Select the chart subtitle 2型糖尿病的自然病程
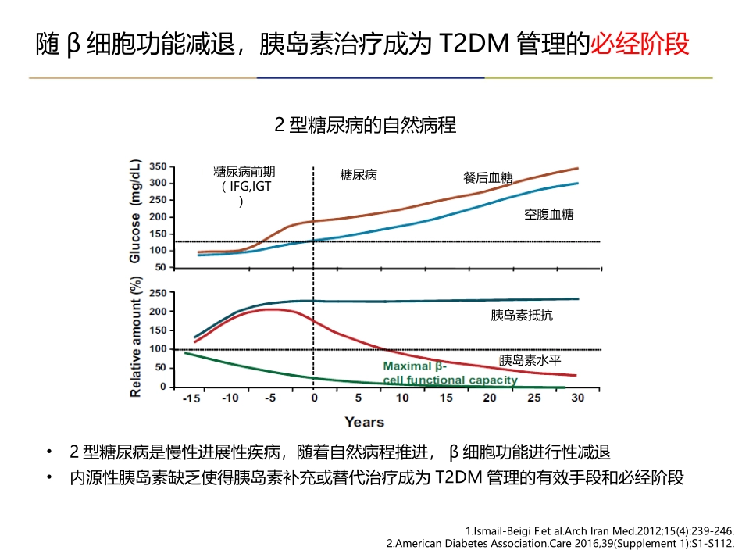365,125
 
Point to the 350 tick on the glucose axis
157,166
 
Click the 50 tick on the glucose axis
160,267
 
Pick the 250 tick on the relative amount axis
157,293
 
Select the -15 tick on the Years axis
189,398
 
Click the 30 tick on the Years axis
577,398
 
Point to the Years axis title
364,422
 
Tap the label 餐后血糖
483,177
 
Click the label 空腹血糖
548,214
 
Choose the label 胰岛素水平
530,360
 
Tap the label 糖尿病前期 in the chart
244,172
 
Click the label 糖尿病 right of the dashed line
359,175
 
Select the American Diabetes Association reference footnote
561,542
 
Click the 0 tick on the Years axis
314,398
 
